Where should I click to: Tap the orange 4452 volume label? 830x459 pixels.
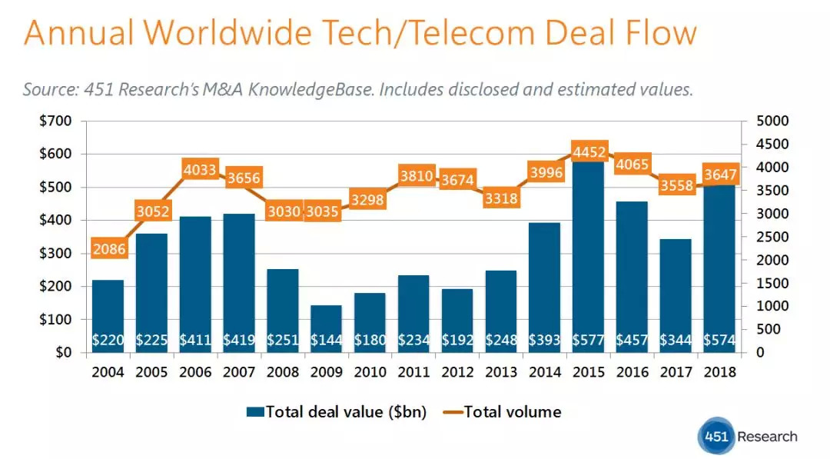pos(587,151)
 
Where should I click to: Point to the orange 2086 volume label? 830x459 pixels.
pos(108,248)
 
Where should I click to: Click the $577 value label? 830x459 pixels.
pos(587,340)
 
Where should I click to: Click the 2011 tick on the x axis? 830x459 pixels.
pos(413,372)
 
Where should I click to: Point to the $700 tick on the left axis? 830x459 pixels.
pos(56,121)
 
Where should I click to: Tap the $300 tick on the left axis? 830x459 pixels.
pos(56,253)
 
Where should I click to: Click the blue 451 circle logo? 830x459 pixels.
pos(715,437)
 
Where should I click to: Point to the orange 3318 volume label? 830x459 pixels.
pos(500,198)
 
